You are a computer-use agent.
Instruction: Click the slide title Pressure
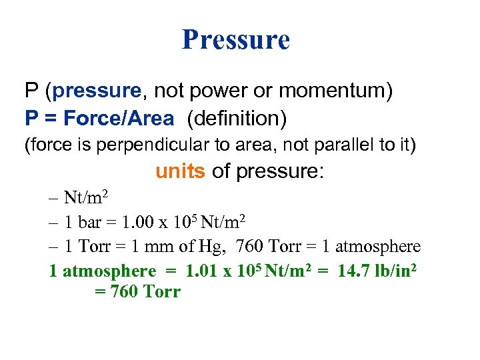[236, 39]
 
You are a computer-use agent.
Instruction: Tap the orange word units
[180, 171]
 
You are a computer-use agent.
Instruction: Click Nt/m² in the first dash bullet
[86, 198]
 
